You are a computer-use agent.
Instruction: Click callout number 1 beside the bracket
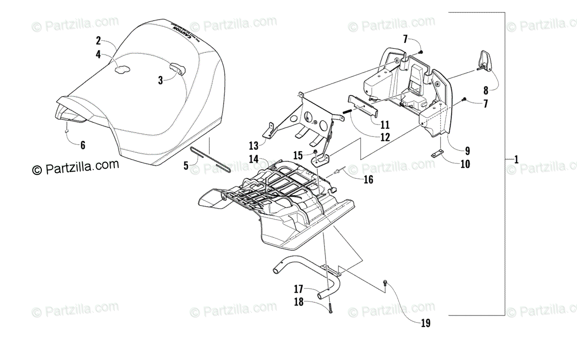click(516, 159)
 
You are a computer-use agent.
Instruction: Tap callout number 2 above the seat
click(98, 40)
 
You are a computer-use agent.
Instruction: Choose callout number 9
click(453, 149)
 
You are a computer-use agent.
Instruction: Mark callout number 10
click(465, 164)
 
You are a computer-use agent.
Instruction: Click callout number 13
click(254, 145)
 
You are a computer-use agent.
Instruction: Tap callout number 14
click(254, 159)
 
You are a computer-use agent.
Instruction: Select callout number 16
click(368, 180)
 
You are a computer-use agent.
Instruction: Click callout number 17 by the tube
click(299, 289)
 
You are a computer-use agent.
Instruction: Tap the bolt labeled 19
click(386, 285)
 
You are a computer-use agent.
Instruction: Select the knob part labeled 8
click(485, 61)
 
